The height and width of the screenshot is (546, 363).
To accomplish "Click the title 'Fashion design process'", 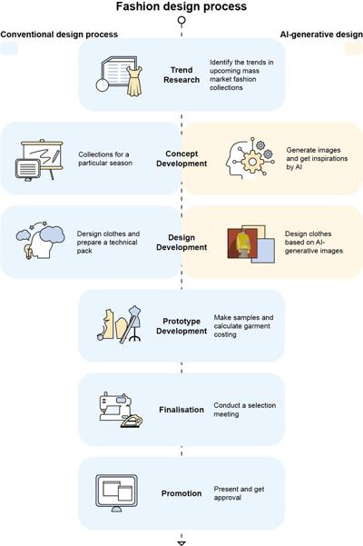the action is pos(181,6).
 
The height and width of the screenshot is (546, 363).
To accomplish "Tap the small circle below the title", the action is pos(181,20).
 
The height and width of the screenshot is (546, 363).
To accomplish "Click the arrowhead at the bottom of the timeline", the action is pos(181,543).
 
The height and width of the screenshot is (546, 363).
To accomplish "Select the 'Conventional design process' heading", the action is pos(59,35).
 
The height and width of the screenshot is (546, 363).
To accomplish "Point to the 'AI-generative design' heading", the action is pos(321,35).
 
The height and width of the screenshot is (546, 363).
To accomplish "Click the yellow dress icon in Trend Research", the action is pos(134,81).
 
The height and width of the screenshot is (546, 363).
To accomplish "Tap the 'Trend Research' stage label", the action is pos(181,74).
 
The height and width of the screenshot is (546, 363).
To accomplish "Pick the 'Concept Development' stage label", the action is pos(181,158).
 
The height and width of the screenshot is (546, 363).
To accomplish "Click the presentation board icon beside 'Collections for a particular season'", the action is pos(39,160).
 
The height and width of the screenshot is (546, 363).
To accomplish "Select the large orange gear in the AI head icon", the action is pos(252,162).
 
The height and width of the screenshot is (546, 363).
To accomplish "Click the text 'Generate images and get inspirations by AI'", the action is pos(317,158).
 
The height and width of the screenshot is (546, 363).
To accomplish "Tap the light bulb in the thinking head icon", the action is pos(27,251).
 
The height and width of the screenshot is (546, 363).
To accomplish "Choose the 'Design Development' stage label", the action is pos(181,243).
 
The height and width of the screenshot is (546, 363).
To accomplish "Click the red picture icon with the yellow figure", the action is pos(242,243).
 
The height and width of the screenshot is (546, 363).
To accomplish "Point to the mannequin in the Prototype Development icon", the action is pos(134,323).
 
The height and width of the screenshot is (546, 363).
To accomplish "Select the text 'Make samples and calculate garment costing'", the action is pos(243,326).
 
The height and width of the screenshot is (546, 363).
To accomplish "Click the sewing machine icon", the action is pos(115,406).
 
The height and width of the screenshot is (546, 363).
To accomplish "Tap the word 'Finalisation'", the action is pos(181,410).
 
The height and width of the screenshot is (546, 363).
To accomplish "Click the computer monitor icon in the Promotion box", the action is pos(116,492).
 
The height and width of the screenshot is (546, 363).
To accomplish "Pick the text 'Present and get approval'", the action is pos(239,493).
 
